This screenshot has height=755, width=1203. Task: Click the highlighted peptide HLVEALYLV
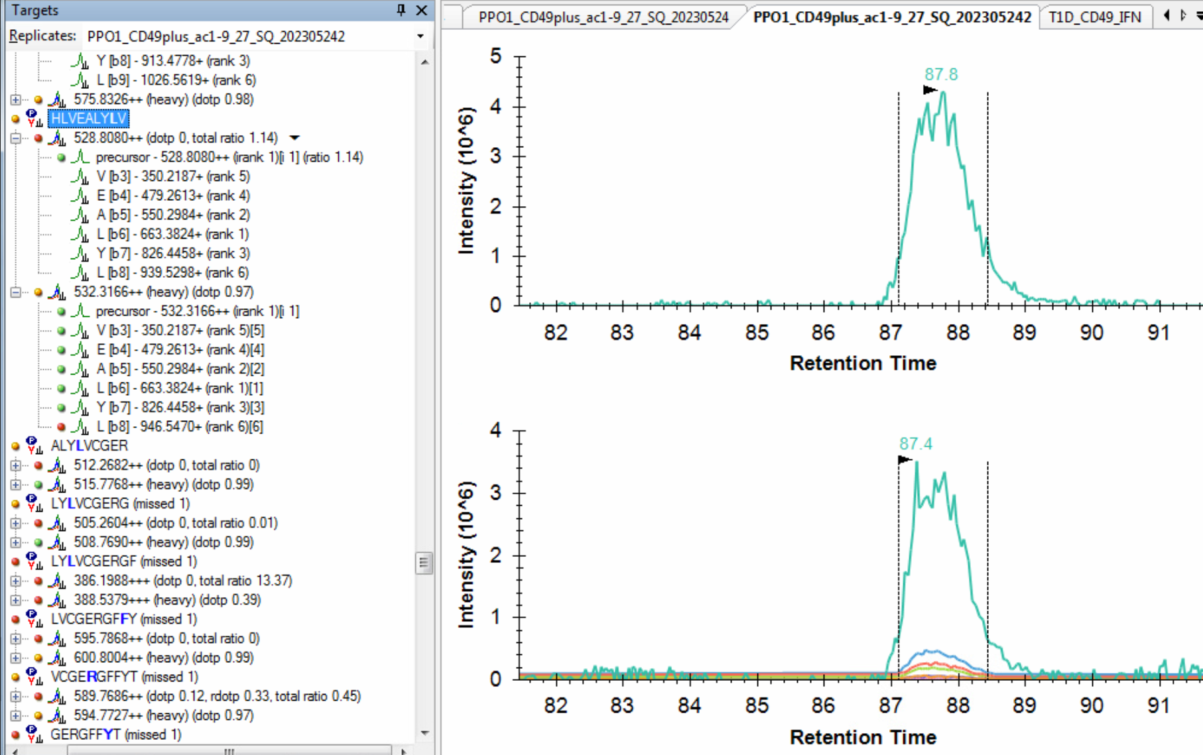(88, 119)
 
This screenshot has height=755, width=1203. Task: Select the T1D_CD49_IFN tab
(1094, 17)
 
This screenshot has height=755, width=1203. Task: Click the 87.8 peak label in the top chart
(941, 74)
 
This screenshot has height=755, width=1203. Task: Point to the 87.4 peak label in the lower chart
(915, 443)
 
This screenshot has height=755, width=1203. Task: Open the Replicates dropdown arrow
(420, 36)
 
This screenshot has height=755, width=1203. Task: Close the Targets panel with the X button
(422, 10)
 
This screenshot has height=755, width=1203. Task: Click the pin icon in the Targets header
(401, 10)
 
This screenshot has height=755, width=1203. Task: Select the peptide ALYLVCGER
(90, 445)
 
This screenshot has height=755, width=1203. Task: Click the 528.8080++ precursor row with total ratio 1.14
(175, 138)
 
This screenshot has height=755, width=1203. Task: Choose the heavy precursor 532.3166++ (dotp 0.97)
(163, 292)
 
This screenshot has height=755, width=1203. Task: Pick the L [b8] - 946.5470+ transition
(179, 426)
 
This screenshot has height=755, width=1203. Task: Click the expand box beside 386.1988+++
(15, 581)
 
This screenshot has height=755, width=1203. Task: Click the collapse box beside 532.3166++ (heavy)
(15, 292)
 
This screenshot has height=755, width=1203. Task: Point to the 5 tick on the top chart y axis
(495, 56)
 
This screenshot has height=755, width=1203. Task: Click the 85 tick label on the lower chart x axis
(756, 705)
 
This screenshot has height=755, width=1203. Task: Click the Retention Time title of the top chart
(863, 363)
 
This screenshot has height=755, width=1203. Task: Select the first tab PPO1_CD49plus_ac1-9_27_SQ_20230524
(603, 17)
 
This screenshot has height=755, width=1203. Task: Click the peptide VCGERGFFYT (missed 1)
(124, 677)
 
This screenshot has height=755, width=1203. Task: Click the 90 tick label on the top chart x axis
(1091, 332)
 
